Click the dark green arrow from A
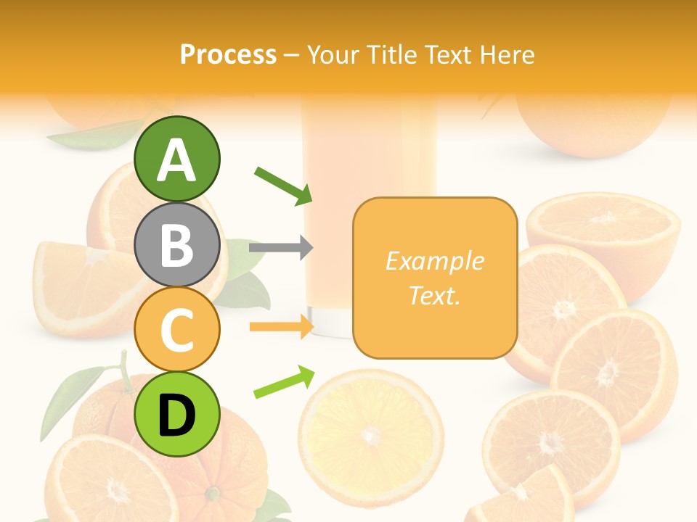click(283, 185)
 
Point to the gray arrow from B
click(280, 248)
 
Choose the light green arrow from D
click(284, 382)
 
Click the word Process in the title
click(228, 55)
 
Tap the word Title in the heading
click(392, 55)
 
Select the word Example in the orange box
click(434, 261)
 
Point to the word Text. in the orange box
click(434, 295)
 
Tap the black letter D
click(176, 415)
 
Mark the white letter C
click(176, 331)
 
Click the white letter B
click(176, 245)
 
